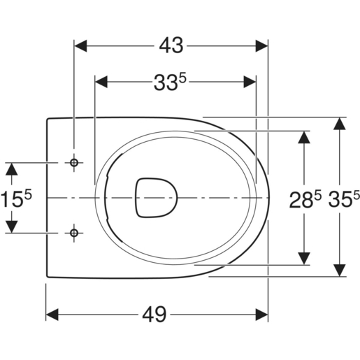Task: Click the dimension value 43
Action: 171,46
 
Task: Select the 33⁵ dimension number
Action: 171,82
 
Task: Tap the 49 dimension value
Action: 154,315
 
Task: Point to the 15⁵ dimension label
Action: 16,198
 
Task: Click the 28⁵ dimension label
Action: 305,199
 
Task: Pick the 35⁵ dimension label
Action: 344,199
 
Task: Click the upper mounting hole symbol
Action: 74,163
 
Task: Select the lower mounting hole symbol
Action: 74,233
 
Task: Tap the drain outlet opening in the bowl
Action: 157,198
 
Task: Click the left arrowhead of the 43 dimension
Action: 80,46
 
